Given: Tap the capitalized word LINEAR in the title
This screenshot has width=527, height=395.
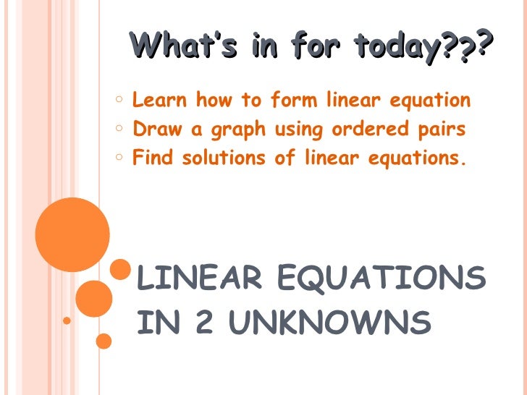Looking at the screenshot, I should pyautogui.click(x=193, y=279).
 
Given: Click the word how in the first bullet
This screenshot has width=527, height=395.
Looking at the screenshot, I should pyautogui.click(x=214, y=100).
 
